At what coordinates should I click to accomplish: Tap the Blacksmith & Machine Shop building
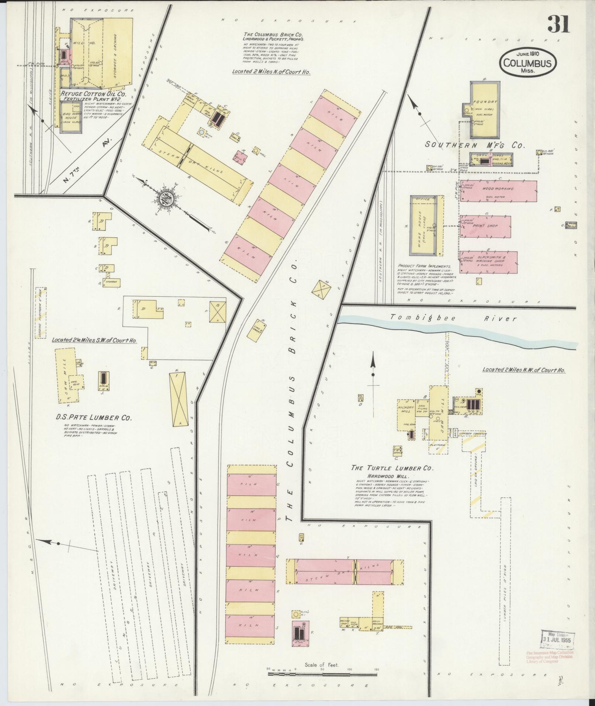point(488,262)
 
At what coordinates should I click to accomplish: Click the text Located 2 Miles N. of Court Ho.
point(271,72)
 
